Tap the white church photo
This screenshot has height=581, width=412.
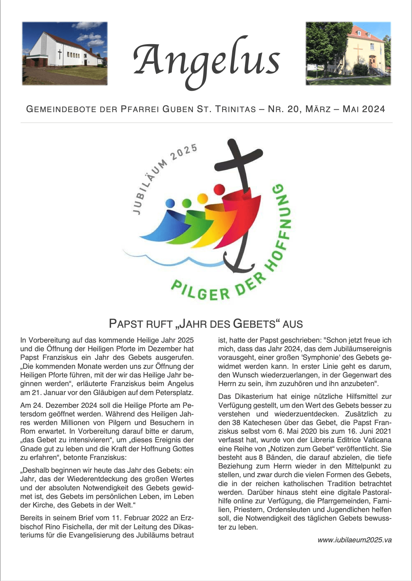[x=65, y=53]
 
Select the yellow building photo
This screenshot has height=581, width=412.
[x=348, y=53]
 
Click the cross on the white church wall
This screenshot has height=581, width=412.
[x=60, y=54]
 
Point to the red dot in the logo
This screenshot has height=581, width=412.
[x=219, y=189]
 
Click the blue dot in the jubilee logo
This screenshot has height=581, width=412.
[x=170, y=203]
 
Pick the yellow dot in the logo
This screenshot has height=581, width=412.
[x=202, y=198]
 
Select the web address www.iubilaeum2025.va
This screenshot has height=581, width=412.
[x=354, y=540]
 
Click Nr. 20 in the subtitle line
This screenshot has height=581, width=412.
[x=281, y=109]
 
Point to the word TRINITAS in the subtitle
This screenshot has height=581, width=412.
[x=236, y=109]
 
